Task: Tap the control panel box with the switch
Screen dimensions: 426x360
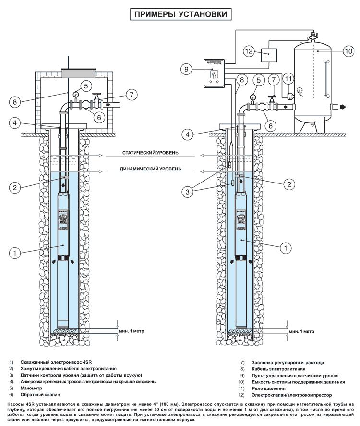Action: (215, 73)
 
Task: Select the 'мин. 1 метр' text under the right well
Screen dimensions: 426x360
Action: (301, 331)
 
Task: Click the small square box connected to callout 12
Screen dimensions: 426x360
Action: (270, 55)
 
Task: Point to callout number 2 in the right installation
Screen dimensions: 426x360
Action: (288, 183)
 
